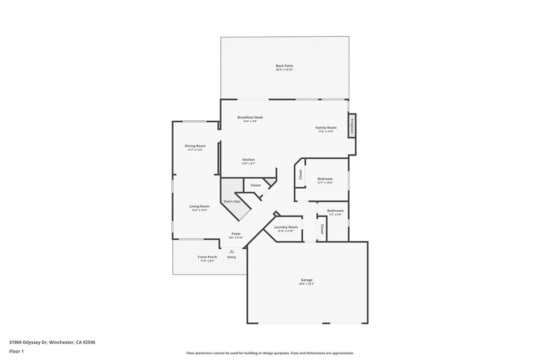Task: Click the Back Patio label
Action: pyautogui.click(x=284, y=66)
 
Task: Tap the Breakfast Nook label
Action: pyautogui.click(x=250, y=117)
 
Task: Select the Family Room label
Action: pyautogui.click(x=326, y=128)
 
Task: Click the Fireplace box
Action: pyautogui.click(x=352, y=126)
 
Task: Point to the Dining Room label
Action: pyautogui.click(x=195, y=146)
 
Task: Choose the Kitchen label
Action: pyautogui.click(x=248, y=160)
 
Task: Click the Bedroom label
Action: pyautogui.click(x=325, y=179)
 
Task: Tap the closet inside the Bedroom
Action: pyautogui.click(x=301, y=174)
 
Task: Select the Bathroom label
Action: pyautogui.click(x=335, y=211)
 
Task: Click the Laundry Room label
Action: pyautogui.click(x=286, y=227)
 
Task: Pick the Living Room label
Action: pyautogui.click(x=199, y=206)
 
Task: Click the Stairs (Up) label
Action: pyautogui.click(x=232, y=202)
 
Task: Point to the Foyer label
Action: pyautogui.click(x=236, y=233)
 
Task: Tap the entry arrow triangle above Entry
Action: pyautogui.click(x=231, y=251)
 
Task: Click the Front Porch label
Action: pyautogui.click(x=207, y=257)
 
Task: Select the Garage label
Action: pyautogui.click(x=307, y=280)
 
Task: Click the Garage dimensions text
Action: pyautogui.click(x=307, y=284)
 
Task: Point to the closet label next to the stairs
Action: pyautogui.click(x=255, y=186)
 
